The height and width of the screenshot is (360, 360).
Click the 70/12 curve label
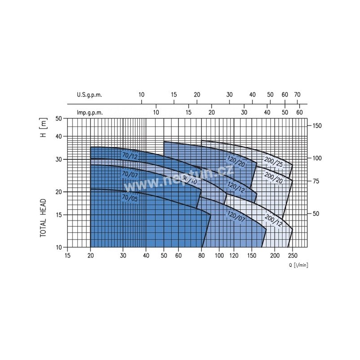coord(130,156)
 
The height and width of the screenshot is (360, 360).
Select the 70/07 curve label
coord(130,175)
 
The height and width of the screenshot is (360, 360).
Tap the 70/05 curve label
coord(130,198)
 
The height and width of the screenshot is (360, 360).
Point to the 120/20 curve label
coord(236,161)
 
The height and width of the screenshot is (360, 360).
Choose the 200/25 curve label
coord(274,162)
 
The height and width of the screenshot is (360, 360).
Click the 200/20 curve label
coord(274,178)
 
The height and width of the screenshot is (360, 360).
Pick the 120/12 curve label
coord(236,187)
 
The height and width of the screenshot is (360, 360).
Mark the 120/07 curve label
coord(236,216)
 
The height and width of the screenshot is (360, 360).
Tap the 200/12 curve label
coord(274,220)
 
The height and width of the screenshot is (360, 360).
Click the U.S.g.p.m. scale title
coord(89,95)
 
